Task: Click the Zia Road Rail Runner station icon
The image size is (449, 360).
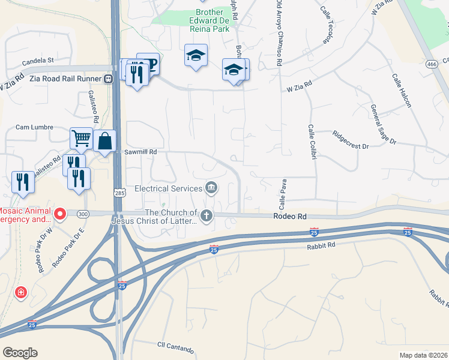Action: click(109, 78)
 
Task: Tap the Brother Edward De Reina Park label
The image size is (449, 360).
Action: click(205, 20)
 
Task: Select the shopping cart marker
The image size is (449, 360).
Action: click(81, 138)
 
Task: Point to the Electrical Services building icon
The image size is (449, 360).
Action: click(211, 188)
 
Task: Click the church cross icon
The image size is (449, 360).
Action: click(206, 215)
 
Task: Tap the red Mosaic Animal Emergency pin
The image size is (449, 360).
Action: click(60, 214)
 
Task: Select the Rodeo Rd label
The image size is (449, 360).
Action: click(290, 216)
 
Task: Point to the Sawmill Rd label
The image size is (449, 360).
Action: click(140, 152)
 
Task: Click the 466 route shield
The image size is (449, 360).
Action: click(431, 64)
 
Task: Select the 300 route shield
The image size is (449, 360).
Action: click(83, 213)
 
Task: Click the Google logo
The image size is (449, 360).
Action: click(20, 353)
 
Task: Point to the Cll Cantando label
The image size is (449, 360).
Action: click(175, 349)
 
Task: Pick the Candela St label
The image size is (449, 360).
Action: click(38, 60)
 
